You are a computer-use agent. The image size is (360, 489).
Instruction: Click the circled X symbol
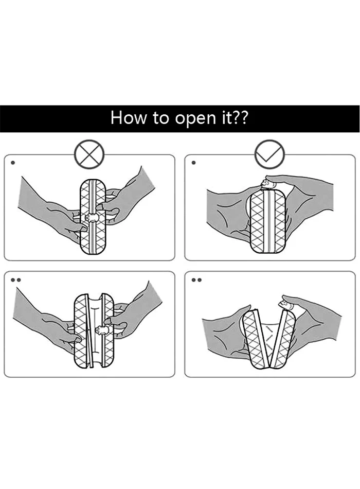pos(89,155)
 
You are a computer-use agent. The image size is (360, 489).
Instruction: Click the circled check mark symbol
pos(269,155)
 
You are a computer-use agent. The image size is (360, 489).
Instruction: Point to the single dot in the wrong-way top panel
pos(13,163)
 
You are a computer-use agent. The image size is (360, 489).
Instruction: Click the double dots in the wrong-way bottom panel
pos(16,280)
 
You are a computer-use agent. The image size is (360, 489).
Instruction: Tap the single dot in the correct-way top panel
pos(193,163)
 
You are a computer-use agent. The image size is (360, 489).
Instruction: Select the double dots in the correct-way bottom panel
pos(196,280)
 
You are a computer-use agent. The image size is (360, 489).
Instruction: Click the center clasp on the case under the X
pos(92,217)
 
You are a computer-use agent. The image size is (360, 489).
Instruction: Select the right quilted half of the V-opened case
pos(282,338)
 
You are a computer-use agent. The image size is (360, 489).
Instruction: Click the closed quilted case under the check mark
pos(268,221)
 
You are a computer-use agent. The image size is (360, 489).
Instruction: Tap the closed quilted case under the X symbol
pos(93,217)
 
